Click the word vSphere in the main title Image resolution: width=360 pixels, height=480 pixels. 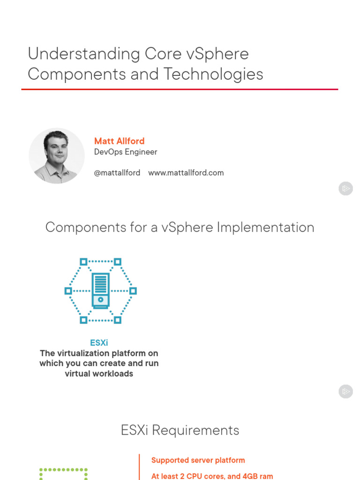click(217, 54)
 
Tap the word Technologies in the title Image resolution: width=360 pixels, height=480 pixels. click(213, 74)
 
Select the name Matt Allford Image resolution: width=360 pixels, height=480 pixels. click(119, 141)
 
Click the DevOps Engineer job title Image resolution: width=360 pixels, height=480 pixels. click(125, 152)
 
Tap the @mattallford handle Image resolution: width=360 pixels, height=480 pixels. click(117, 172)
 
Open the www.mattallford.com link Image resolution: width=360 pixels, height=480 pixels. click(186, 172)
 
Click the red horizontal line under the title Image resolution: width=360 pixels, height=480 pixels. click(180, 89)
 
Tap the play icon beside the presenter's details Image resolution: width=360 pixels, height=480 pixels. click(345, 189)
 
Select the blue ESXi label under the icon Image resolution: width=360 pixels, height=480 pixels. click(99, 343)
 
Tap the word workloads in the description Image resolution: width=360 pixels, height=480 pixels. click(112, 374)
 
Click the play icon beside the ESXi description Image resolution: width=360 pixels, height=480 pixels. click(345, 391)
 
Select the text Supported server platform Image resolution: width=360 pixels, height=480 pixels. click(198, 460)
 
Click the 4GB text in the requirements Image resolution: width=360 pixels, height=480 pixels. click(248, 476)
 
